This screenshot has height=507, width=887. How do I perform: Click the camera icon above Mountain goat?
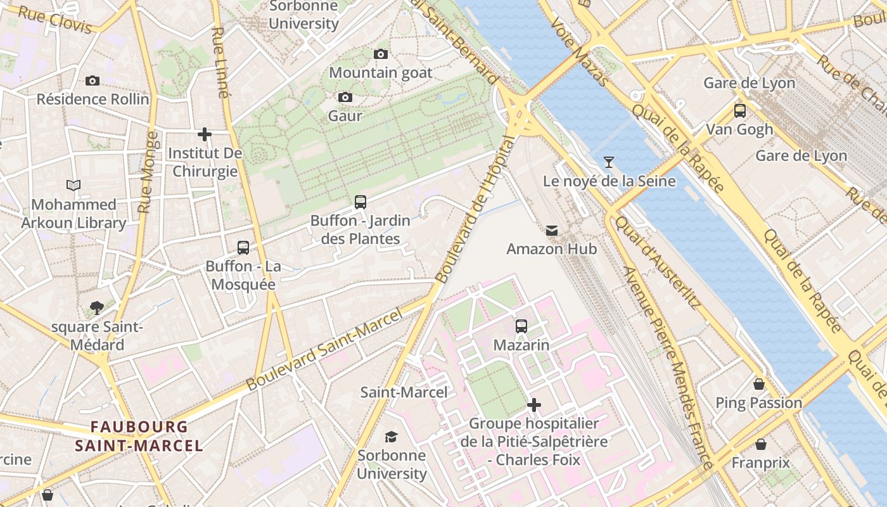pos(381,55)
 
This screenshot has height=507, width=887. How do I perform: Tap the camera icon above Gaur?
pos(345,98)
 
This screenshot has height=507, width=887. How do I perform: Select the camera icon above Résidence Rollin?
pos(93,81)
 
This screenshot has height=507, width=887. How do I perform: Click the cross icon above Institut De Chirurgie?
pos(205,134)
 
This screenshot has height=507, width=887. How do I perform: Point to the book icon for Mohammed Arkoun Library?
pos(73,186)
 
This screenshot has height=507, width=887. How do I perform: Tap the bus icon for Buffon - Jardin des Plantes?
pos(361,202)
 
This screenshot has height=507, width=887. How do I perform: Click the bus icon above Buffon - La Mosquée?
pos(243,248)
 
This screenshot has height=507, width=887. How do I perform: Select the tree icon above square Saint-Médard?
pos(97,308)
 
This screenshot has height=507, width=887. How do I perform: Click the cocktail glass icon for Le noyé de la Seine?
pos(609,162)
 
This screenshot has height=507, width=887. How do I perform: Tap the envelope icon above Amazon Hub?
pos(552,231)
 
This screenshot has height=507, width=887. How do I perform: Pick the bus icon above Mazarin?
pos(521,326)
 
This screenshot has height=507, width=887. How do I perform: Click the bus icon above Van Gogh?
pos(739,111)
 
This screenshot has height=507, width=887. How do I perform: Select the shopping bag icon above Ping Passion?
pos(758,384)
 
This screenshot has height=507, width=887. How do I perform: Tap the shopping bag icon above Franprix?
pos(761,444)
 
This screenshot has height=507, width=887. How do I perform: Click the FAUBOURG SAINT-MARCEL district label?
pos(139,436)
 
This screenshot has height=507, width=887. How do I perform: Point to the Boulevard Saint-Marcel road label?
pos(324,350)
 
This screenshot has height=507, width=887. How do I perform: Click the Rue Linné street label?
pos(219,62)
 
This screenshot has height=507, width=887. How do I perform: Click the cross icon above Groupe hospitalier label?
pos(534,404)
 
